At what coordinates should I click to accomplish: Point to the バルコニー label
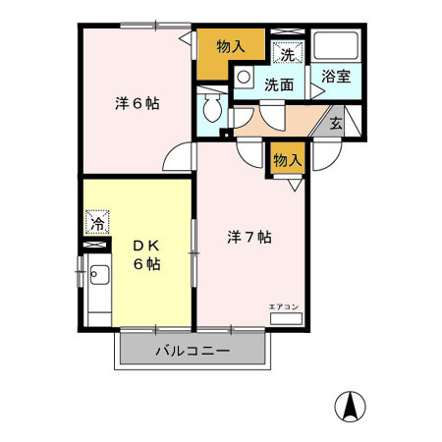[193, 352]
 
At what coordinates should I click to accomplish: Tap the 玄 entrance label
[336, 124]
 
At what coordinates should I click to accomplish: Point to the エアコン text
[283, 306]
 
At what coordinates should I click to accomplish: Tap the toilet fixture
[209, 109]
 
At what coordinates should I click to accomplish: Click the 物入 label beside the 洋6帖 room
[232, 45]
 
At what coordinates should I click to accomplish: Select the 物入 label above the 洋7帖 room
[287, 159]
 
